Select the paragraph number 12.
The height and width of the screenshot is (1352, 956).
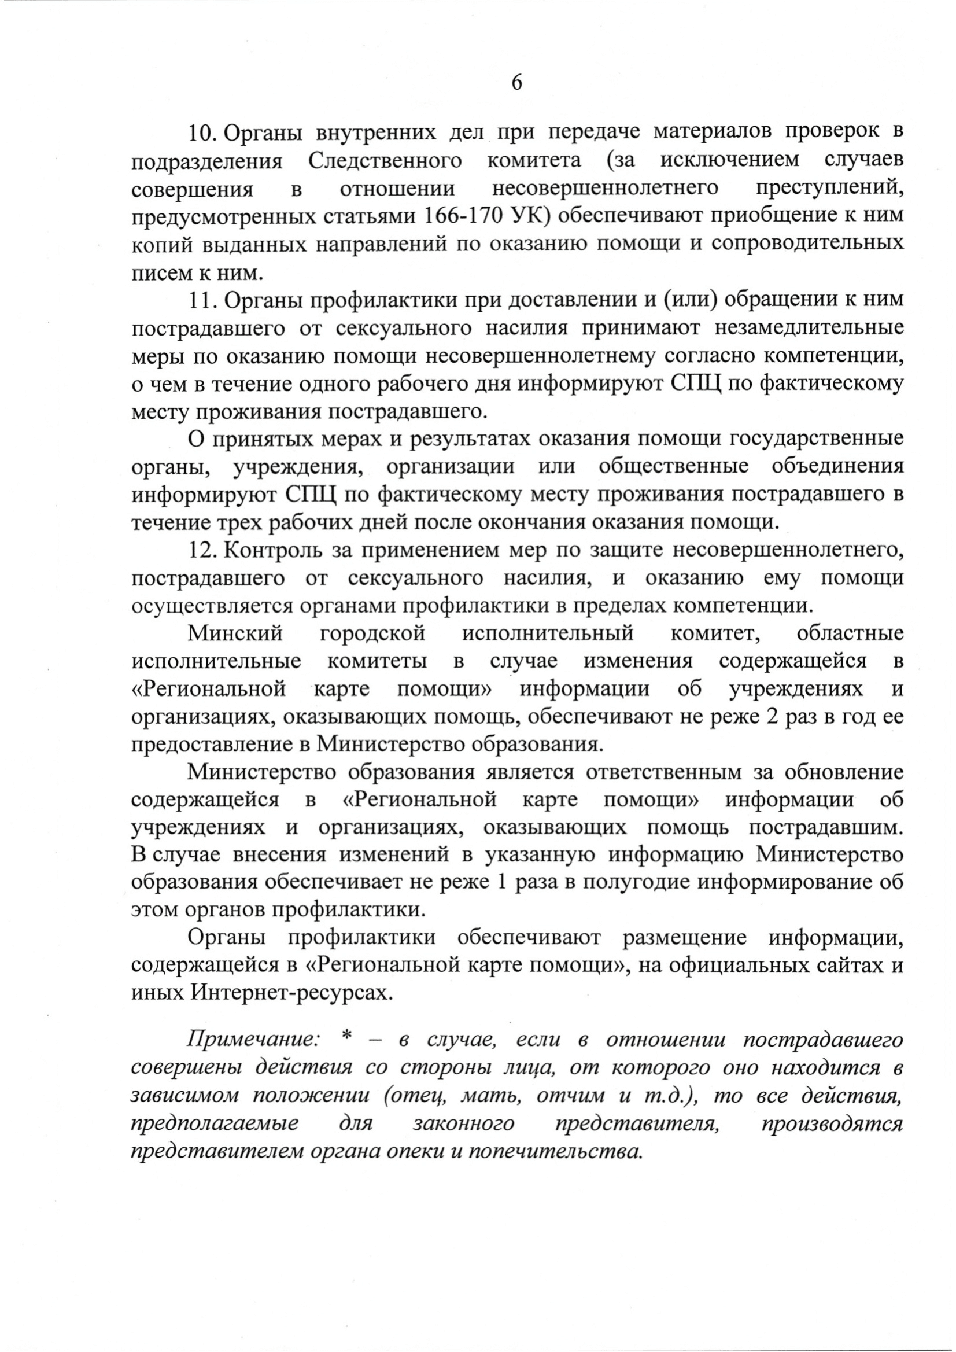[202, 551]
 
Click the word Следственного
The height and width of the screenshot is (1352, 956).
[385, 161]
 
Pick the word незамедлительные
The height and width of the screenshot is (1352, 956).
[809, 328]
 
